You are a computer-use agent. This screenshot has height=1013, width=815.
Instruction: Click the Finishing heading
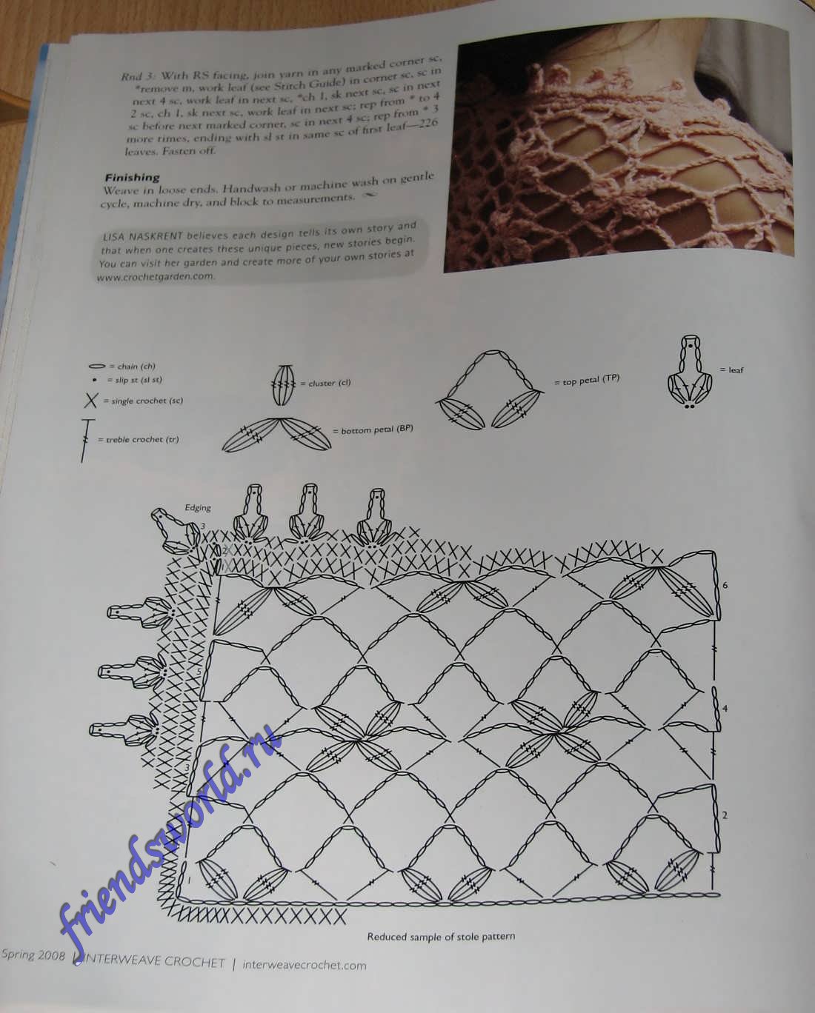tap(133, 178)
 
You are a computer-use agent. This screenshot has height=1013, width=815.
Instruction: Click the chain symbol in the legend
tap(96, 366)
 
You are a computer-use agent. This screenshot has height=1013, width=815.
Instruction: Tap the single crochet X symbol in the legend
tap(90, 401)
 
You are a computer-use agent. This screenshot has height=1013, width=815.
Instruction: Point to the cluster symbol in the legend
tap(284, 384)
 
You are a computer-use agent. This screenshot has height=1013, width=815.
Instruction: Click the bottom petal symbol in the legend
tap(277, 435)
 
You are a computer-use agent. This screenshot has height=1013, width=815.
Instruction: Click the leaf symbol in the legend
tap(690, 372)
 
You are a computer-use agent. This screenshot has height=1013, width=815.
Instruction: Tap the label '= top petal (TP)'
tap(587, 380)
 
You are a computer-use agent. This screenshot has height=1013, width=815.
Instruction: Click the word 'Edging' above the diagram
tap(198, 508)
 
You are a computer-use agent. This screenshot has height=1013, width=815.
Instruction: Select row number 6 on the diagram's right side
tap(725, 585)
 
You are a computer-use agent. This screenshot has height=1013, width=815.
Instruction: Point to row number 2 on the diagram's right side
tap(725, 815)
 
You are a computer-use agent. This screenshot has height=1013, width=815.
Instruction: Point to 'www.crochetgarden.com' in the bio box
tap(156, 277)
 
